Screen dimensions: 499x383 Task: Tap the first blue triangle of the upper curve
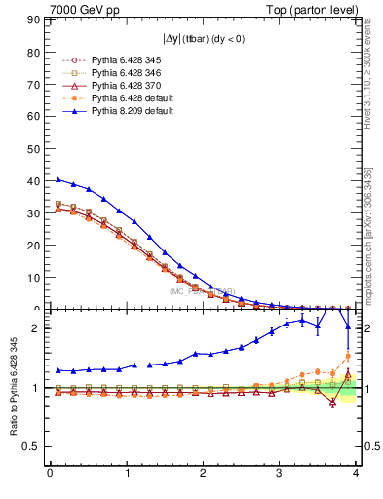pyautogui.click(x=57, y=179)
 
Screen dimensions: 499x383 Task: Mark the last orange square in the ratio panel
pyautogui.click(x=348, y=356)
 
